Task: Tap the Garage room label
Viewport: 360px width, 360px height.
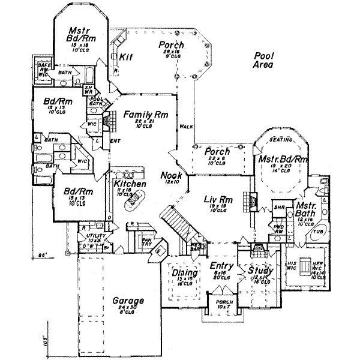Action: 126,301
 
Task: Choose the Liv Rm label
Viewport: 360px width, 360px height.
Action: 206,199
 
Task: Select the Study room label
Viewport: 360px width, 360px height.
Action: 261,272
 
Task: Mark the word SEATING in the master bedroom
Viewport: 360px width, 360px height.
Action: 281,139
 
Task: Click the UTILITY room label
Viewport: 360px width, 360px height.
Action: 95,237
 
